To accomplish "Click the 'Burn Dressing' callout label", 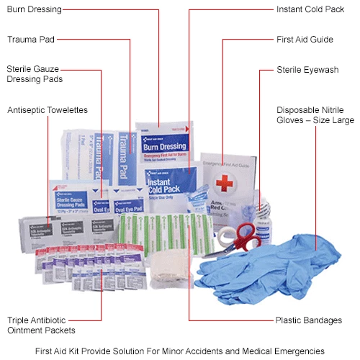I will [x=34, y=10].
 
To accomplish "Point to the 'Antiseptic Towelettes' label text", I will [x=47, y=110].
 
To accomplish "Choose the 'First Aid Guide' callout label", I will [x=305, y=39].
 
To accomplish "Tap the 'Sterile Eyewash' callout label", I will [x=307, y=69].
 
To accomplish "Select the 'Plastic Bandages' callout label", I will [x=308, y=320].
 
